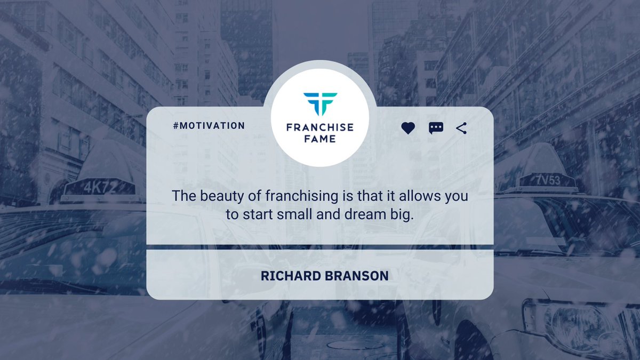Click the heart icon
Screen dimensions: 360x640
tap(408, 128)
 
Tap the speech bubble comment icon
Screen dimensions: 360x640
tap(436, 128)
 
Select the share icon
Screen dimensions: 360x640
tap(461, 128)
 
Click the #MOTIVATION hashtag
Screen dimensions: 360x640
tap(209, 126)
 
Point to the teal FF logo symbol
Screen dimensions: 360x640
tap(320, 104)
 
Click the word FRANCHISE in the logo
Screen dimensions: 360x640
tap(320, 128)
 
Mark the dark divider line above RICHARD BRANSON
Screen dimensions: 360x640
tap(320, 247)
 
